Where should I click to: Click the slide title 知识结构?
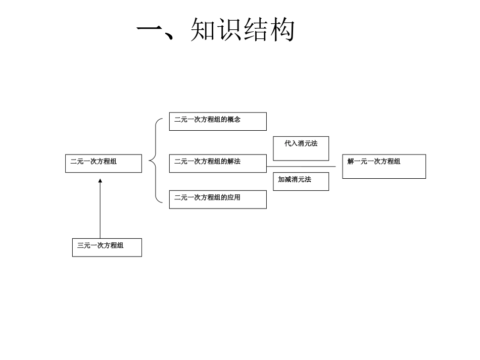pos(243,30)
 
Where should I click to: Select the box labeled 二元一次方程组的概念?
pos(217,121)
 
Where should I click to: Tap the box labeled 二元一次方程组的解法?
pos(217,163)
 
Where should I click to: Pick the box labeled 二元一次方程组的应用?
pos(217,199)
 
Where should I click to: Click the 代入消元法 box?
pos(301,148)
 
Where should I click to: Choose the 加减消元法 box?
pos(301,181)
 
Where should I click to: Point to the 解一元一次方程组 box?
pos(384,166)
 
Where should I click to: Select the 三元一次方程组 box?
pos(107,247)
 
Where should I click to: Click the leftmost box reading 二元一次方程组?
pos(103,163)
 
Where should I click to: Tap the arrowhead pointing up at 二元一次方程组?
pos(100,180)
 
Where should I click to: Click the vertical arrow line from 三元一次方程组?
pos(100,212)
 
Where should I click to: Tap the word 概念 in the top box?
pos(234,120)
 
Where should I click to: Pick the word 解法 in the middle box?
pos(234,162)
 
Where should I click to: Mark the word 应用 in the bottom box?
pos(234,197)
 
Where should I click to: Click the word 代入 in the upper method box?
pos(291,143)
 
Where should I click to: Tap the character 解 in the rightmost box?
pos(351,162)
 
